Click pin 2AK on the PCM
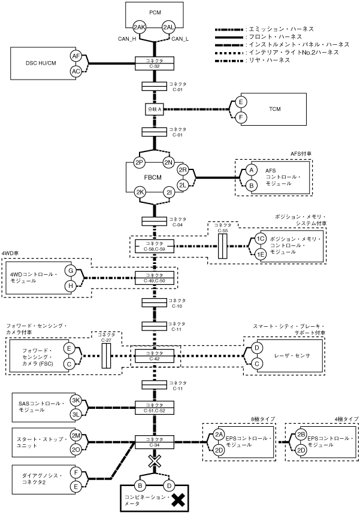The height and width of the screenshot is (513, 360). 140,28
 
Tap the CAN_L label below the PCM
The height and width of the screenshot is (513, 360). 180,40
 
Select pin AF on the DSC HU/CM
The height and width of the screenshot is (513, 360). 76,56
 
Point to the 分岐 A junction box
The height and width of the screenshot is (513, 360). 155,110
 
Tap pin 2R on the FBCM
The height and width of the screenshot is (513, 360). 184,171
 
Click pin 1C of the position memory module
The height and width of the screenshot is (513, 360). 261,238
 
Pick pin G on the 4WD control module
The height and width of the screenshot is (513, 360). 71,271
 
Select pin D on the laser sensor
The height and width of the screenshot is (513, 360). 256,348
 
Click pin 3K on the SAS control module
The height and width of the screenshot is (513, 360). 76,400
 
